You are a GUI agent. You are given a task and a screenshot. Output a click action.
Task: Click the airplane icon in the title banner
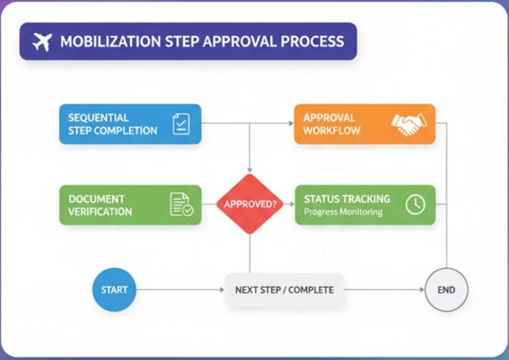41,42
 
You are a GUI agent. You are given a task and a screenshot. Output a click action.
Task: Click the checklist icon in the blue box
181,123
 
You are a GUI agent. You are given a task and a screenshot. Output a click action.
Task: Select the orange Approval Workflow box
364,123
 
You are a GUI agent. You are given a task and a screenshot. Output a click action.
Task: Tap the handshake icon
410,124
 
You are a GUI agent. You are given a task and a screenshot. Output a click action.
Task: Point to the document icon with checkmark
180,205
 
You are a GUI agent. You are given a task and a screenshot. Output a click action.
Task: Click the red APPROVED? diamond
249,204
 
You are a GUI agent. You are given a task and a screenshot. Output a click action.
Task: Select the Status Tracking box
364,205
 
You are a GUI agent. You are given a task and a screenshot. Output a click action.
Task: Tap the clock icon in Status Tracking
414,204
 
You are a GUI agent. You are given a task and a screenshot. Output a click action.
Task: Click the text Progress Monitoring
342,212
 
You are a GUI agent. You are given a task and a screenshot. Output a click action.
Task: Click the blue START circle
115,289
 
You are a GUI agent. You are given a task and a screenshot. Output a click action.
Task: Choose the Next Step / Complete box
284,289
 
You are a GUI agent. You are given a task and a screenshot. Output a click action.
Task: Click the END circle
445,289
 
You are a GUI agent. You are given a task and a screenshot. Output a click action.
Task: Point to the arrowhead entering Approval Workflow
289,123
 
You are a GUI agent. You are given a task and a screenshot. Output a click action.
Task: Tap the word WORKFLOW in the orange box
332,131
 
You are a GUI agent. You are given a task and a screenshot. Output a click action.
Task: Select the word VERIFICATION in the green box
100,211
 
